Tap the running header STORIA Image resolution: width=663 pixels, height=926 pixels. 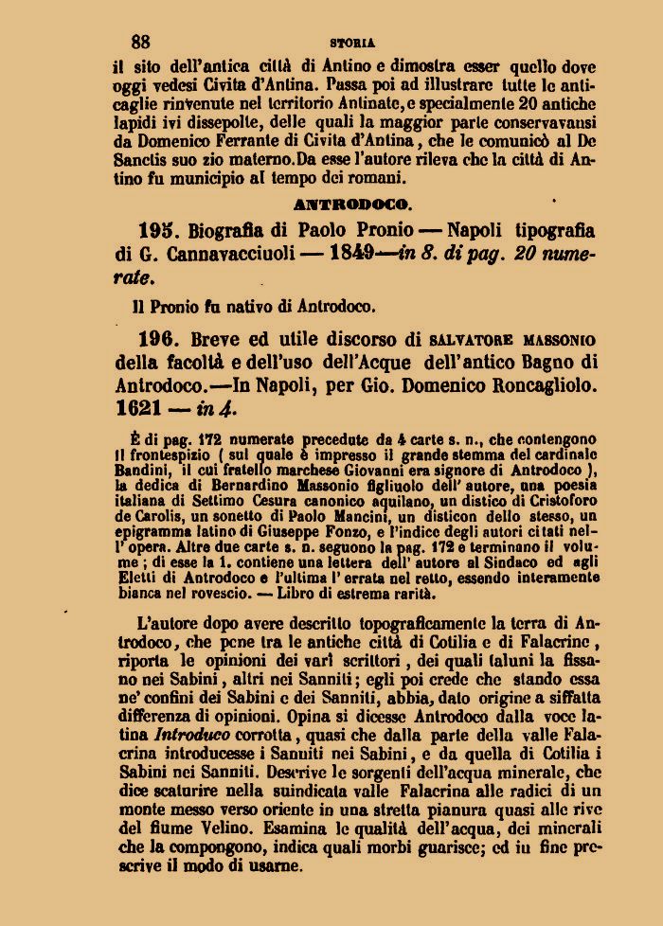(x=352, y=43)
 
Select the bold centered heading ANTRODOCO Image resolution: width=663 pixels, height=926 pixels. (x=352, y=204)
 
